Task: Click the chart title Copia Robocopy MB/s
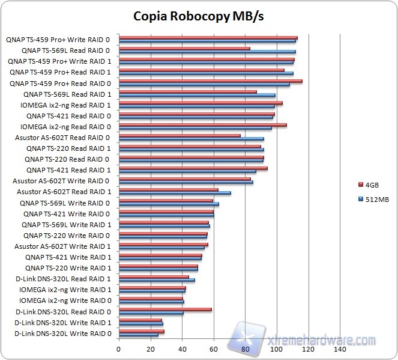pyautogui.click(x=198, y=16)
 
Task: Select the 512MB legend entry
pyautogui.click(x=375, y=200)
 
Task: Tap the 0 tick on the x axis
pyautogui.click(x=119, y=349)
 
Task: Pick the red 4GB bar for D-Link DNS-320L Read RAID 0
pyautogui.click(x=165, y=310)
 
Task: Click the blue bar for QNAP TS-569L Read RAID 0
pyautogui.click(x=207, y=52)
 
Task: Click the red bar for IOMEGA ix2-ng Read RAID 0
pyautogui.click(x=202, y=125)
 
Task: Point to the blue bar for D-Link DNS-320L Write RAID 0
pyautogui.click(x=139, y=335)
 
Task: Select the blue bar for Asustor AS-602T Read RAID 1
pyautogui.click(x=175, y=194)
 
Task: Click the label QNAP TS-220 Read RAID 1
pyautogui.click(x=68, y=148)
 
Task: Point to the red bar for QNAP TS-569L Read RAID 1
pyautogui.click(x=187, y=92)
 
